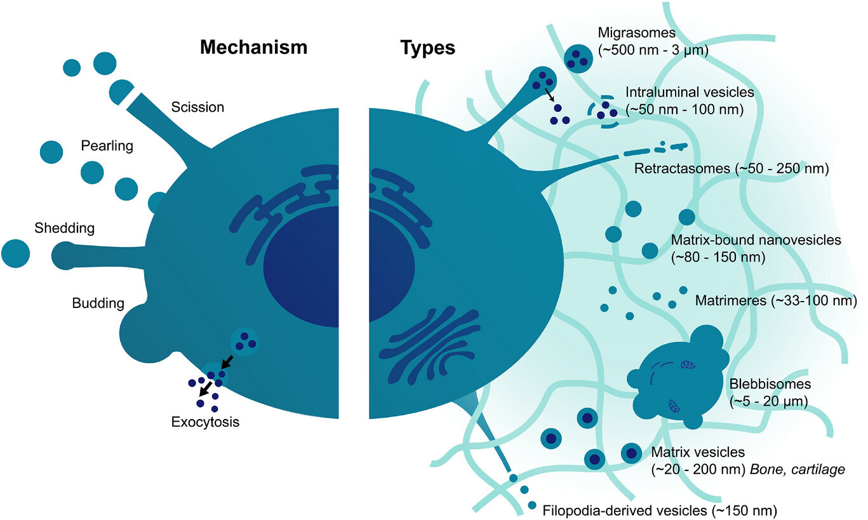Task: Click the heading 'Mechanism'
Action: tap(253, 48)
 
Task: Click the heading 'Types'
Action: tap(427, 48)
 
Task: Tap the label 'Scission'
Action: tap(197, 107)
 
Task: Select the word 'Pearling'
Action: tap(107, 146)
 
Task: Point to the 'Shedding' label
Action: tap(65, 227)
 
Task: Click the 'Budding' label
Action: tap(97, 303)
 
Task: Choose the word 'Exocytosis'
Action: tap(205, 421)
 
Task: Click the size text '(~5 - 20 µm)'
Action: tap(766, 401)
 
